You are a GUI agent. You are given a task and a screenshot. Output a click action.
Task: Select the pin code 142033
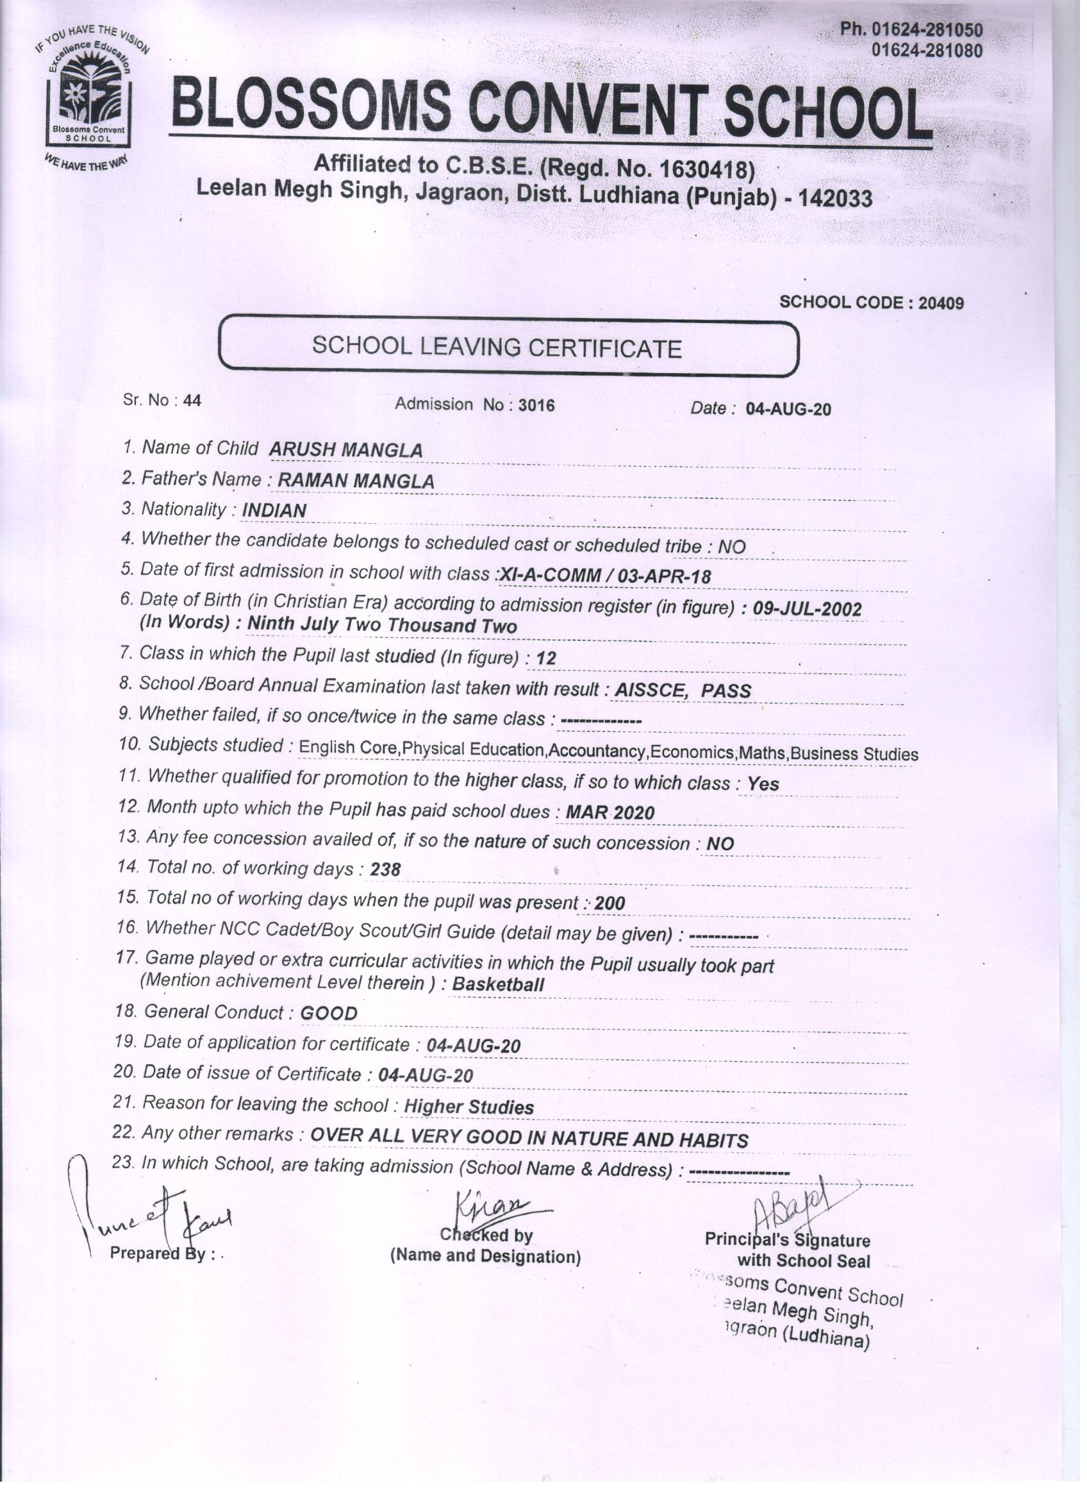[835, 198]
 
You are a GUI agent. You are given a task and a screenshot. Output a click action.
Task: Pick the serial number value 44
[192, 401]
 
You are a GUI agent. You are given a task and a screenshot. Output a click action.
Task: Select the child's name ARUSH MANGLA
[345, 450]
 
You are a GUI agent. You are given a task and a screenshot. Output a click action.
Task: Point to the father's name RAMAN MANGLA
[356, 481]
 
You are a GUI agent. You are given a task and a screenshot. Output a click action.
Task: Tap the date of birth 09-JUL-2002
[807, 608]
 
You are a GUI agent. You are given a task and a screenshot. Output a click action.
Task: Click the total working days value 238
[385, 870]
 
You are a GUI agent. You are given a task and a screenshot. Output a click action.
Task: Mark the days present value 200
[610, 903]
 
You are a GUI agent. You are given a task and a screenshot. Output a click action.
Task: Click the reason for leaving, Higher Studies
[469, 1107]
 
